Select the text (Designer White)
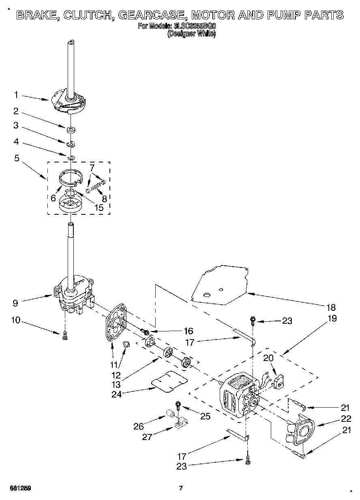(191, 34)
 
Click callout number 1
(16, 95)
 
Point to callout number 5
(17, 158)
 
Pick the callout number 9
(15, 302)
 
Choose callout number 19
(332, 318)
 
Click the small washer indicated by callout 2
(71, 130)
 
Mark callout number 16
(188, 331)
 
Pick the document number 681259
(20, 488)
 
